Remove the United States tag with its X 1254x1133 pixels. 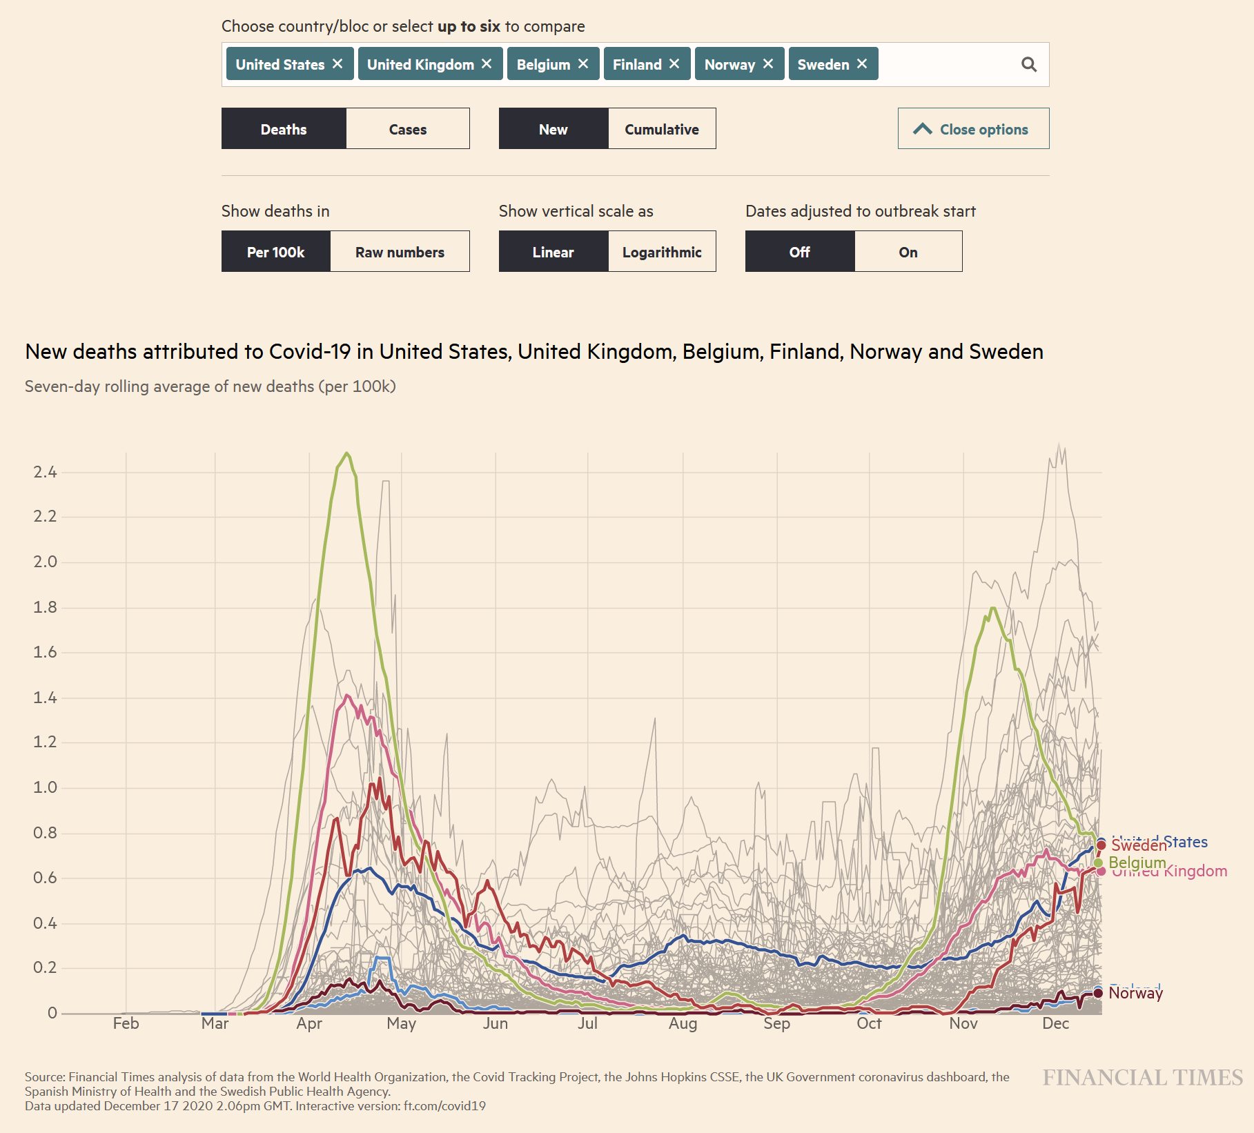click(337, 63)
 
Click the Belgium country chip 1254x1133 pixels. click(543, 64)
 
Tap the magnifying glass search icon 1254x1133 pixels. click(1028, 64)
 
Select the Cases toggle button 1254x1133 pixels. click(407, 129)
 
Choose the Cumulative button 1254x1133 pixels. click(661, 129)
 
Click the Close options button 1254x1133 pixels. click(973, 129)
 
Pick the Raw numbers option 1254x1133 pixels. click(400, 252)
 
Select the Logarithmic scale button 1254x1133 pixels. click(661, 252)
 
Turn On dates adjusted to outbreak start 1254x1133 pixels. click(908, 252)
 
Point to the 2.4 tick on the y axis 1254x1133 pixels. click(46, 472)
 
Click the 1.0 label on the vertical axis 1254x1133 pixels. click(46, 787)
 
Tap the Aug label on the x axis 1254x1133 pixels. click(683, 1023)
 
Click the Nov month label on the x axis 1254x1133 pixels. click(963, 1023)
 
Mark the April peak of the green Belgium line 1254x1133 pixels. click(346, 453)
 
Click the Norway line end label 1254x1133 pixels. click(1135, 993)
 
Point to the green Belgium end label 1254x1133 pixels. click(1137, 863)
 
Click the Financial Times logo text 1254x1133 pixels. click(1142, 1077)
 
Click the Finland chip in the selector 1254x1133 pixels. click(637, 64)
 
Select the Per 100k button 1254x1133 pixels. click(275, 252)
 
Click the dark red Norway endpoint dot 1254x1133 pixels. click(1098, 993)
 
